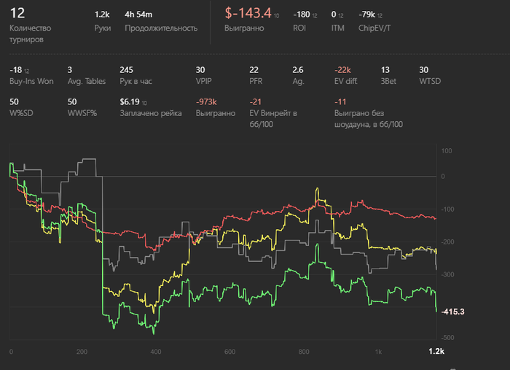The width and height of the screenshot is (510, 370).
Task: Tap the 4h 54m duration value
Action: click(x=139, y=14)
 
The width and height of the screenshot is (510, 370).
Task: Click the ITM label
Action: click(x=338, y=28)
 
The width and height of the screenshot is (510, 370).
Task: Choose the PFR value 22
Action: click(x=254, y=69)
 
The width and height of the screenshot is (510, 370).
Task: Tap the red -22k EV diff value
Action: click(x=344, y=69)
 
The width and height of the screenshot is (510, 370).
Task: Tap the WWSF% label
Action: click(x=82, y=114)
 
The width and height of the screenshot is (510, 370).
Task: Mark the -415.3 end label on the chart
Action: click(x=452, y=312)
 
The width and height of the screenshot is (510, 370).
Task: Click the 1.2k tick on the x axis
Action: click(x=436, y=352)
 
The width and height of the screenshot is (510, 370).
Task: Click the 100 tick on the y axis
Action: click(x=447, y=152)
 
